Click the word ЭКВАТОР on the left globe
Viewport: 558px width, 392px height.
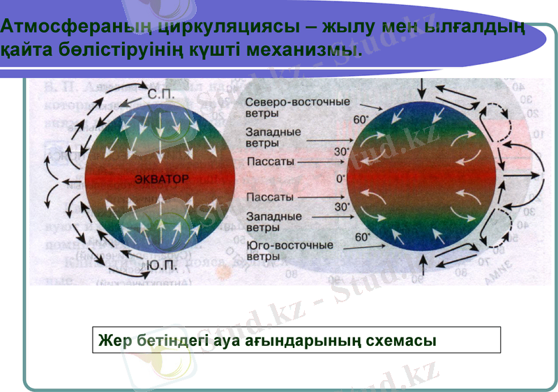[161, 179]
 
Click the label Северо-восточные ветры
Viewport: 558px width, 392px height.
[297, 107]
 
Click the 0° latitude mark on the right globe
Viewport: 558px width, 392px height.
[340, 179]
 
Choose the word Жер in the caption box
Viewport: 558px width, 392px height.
[112, 340]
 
